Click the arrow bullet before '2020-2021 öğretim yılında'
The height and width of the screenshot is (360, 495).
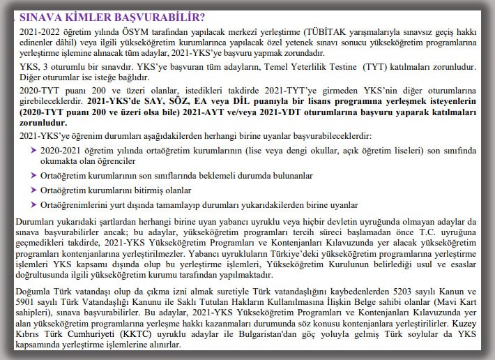coord(33,149)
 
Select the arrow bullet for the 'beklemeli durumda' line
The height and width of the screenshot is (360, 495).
coord(33,174)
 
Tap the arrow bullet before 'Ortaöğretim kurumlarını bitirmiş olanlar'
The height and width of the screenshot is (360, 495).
coord(33,190)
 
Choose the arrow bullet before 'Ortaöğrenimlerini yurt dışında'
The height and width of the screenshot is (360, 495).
coord(33,205)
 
